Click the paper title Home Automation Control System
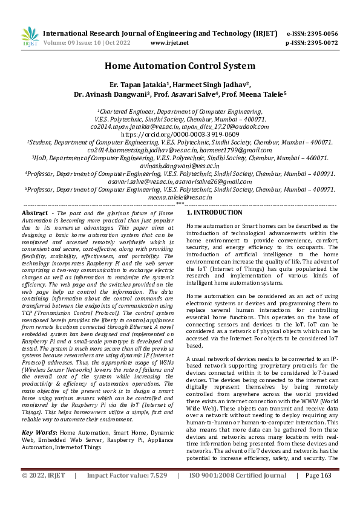pos(180,66)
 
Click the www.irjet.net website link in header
pos(167,44)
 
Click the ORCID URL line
pos(180,134)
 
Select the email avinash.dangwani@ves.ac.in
pos(180,165)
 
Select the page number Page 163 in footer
pos(319,493)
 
